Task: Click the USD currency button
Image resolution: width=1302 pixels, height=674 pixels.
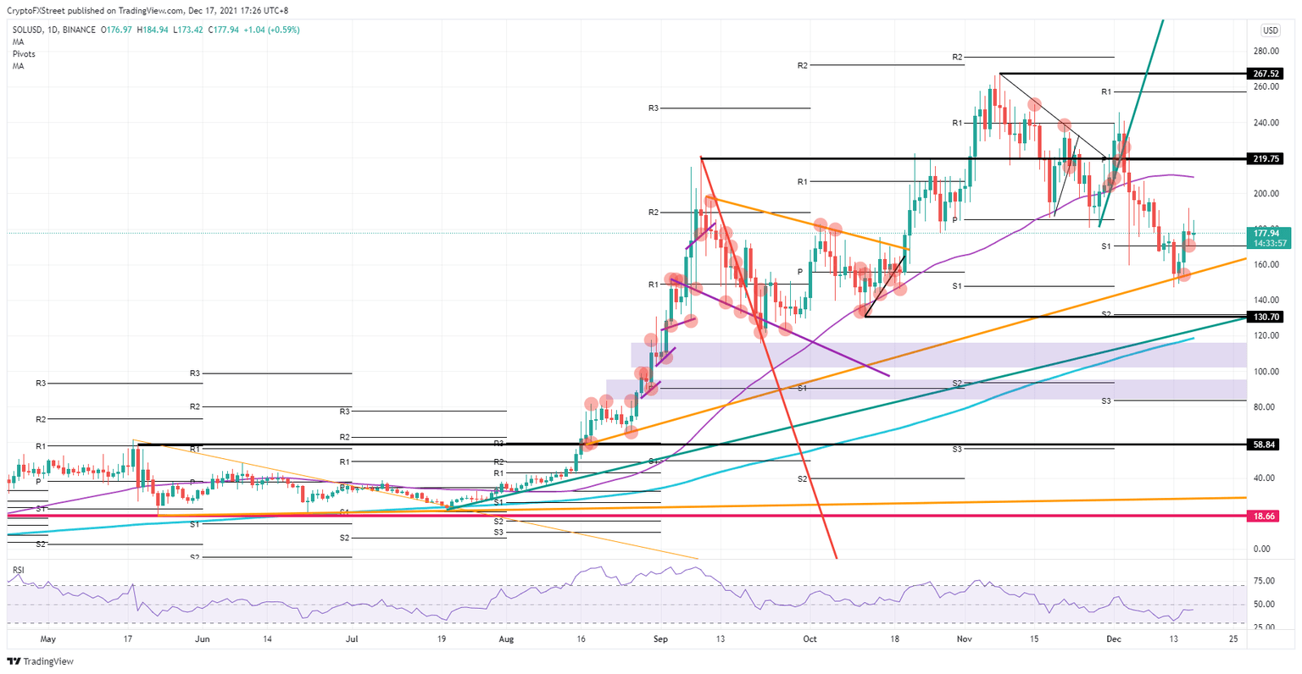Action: coord(1270,30)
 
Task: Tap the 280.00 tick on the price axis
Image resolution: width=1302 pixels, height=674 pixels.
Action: coord(1266,51)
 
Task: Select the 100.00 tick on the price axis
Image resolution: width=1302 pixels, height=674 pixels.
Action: coord(1266,372)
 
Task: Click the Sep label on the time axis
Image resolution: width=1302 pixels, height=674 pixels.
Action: coord(661,639)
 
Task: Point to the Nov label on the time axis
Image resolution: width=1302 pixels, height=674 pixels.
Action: coord(964,639)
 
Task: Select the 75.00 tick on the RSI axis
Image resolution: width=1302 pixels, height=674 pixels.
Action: coord(1264,581)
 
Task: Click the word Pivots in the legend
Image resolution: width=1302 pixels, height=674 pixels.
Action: coord(24,53)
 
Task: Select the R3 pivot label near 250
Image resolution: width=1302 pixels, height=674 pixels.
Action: coord(653,108)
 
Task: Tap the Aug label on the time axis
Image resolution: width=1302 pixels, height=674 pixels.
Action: coord(506,639)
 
